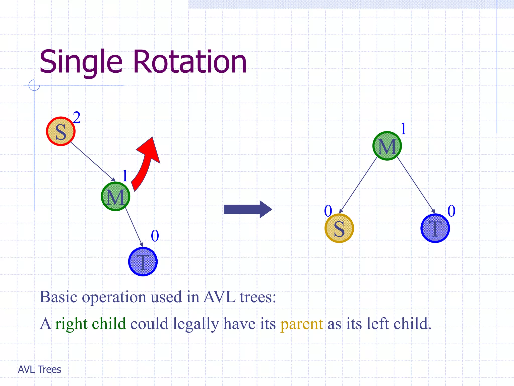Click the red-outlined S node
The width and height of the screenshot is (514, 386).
(61, 131)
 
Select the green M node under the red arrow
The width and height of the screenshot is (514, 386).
(115, 197)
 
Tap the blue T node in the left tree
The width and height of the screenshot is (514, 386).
(143, 262)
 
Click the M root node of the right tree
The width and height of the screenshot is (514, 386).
(387, 146)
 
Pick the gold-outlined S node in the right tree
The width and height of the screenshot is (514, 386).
(339, 228)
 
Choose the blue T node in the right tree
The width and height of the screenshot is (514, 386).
(435, 228)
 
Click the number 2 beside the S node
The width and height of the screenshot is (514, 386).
(77, 117)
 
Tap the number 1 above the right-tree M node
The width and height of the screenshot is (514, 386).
(403, 129)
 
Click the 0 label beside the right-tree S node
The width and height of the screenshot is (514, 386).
(328, 211)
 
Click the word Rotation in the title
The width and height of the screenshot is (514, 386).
(190, 62)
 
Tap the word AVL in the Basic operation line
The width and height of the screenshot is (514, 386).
(219, 297)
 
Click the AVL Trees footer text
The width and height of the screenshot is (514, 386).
(40, 369)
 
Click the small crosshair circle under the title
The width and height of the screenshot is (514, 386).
(34, 85)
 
